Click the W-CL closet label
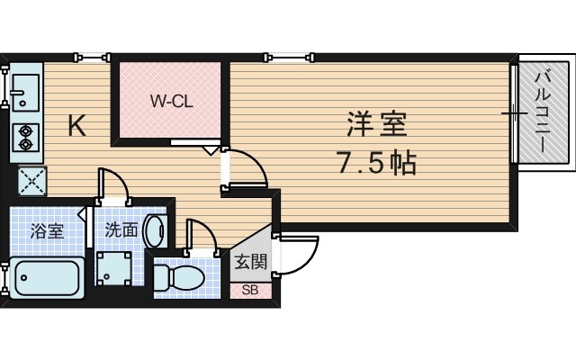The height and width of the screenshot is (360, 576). pyautogui.click(x=170, y=102)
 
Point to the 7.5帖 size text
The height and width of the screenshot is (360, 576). pyautogui.click(x=375, y=163)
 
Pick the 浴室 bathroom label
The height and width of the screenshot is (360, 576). pyautogui.click(x=47, y=230)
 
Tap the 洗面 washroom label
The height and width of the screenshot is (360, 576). pyautogui.click(x=121, y=230)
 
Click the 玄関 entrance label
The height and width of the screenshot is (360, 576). pyautogui.click(x=250, y=262)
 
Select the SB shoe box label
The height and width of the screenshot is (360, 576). pyautogui.click(x=250, y=290)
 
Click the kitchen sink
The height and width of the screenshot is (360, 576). pyautogui.click(x=23, y=90)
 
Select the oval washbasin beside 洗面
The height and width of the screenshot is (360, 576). pyautogui.click(x=156, y=229)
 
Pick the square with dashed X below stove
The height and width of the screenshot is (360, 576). pyautogui.click(x=31, y=181)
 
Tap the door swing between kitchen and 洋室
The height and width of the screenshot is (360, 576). pyautogui.click(x=243, y=168)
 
